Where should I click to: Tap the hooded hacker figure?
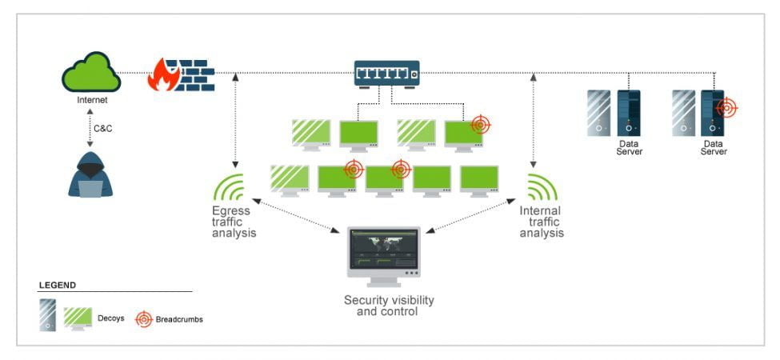point(90,173)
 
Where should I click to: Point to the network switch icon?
point(387,74)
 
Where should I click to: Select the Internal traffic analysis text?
point(542,222)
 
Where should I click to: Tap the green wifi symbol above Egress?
point(229,186)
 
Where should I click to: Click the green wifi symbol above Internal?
point(542,186)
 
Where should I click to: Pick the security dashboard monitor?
point(383,255)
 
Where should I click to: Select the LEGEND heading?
point(58,284)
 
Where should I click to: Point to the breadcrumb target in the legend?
point(143,318)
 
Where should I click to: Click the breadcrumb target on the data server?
point(726,107)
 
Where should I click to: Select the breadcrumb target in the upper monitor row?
point(480,124)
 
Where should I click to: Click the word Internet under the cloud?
point(91,101)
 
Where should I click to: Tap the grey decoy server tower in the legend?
point(47,315)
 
